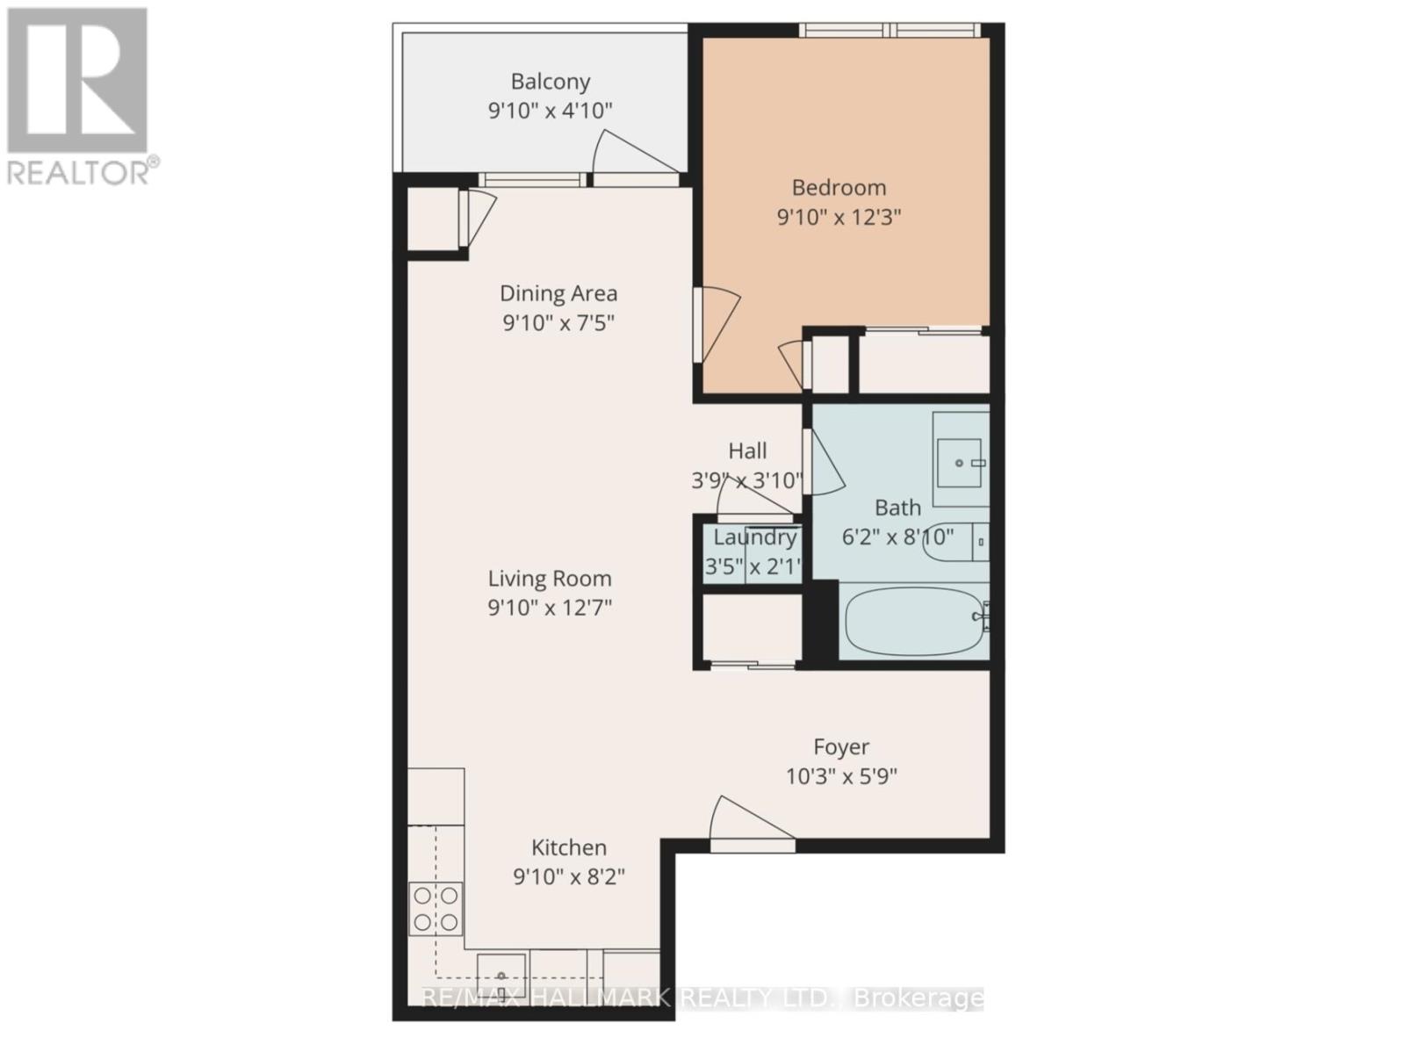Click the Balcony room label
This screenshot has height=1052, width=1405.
[551, 82]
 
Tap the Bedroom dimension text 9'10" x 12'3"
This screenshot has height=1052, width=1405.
[839, 217]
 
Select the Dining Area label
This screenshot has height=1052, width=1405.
[558, 293]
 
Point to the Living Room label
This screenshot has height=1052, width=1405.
[550, 579]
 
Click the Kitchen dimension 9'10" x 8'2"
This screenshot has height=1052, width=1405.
[569, 876]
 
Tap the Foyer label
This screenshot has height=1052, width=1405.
[841, 747]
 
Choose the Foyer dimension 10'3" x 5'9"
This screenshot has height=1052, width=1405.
[841, 776]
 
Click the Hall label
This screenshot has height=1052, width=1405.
[747, 451]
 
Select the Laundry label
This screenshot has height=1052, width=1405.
[754, 537]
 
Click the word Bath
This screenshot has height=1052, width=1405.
[897, 508]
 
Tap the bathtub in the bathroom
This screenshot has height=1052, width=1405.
[914, 620]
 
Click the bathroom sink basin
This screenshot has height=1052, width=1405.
[960, 462]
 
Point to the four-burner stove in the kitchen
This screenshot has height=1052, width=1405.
[436, 908]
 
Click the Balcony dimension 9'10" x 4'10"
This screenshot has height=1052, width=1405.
[550, 111]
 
